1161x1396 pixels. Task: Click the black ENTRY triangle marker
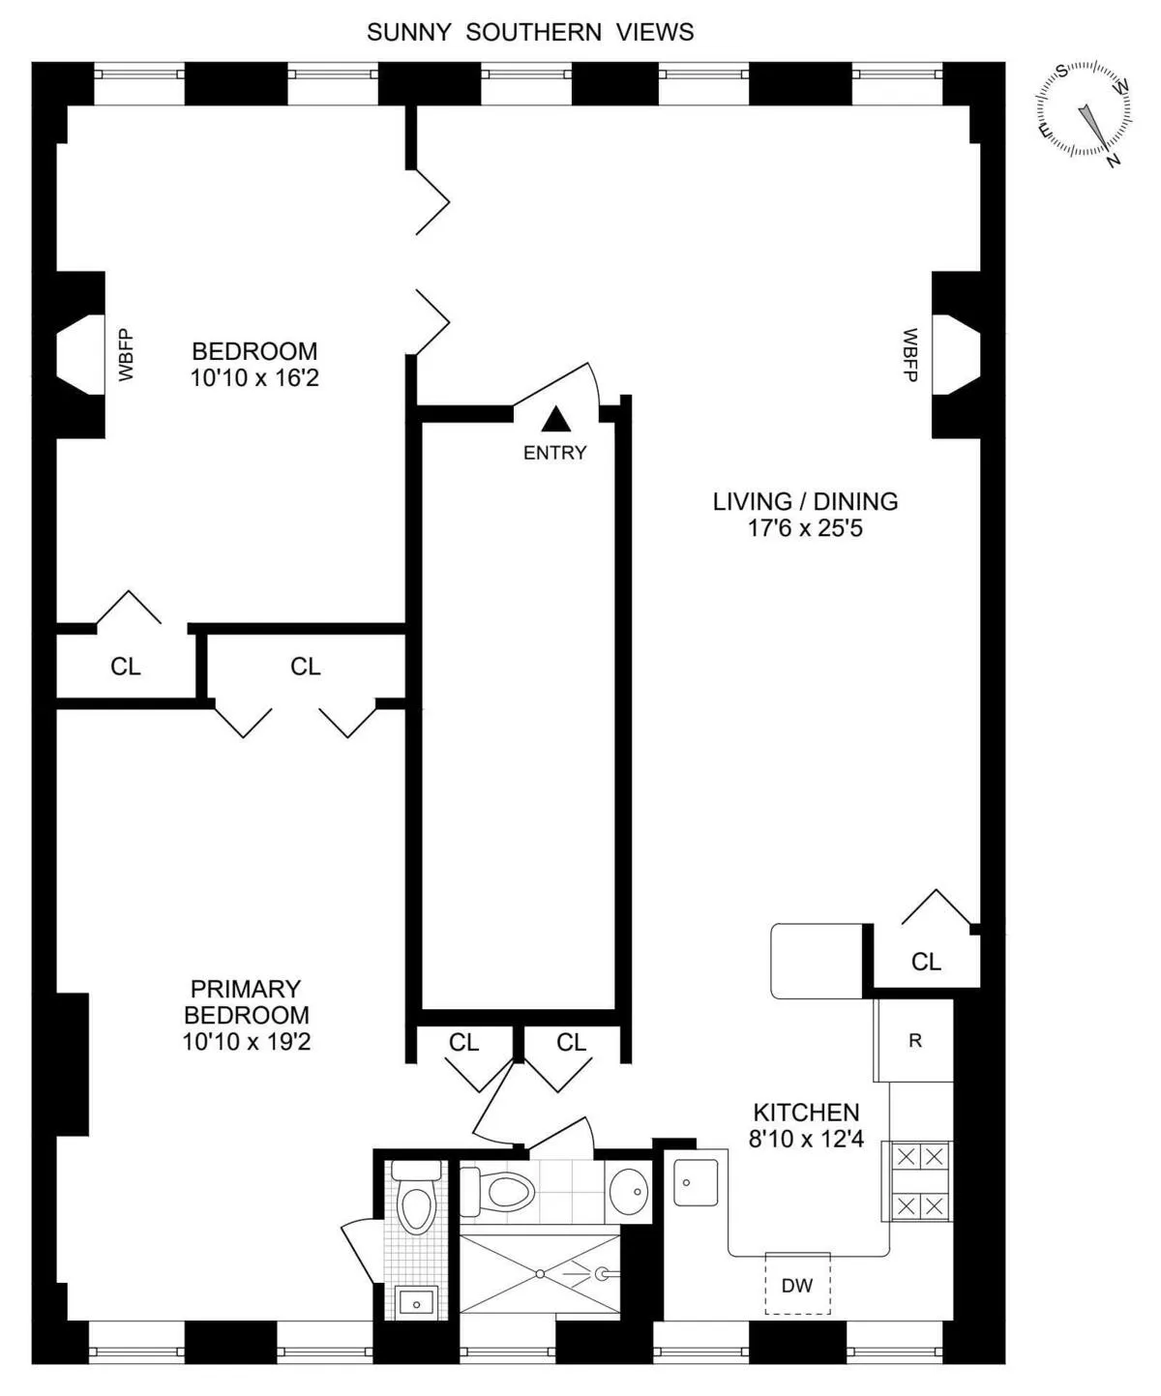click(x=555, y=419)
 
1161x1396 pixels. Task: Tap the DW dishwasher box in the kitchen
click(x=797, y=1284)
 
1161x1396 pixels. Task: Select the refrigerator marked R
click(x=914, y=1041)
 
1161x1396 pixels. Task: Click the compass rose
click(x=1084, y=109)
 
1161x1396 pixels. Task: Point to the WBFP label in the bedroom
click(x=125, y=355)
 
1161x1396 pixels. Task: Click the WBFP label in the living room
click(x=910, y=355)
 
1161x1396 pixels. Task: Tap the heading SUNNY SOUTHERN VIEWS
click(x=530, y=32)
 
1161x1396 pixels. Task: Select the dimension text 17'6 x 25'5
click(x=805, y=528)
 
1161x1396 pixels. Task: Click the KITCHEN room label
click(x=806, y=1113)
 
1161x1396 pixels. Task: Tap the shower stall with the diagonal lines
click(x=539, y=1273)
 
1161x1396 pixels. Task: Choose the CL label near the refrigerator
click(x=926, y=961)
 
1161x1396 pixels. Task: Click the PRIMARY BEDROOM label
click(x=246, y=1001)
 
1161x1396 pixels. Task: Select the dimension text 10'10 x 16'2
click(x=253, y=377)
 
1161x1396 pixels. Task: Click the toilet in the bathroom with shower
click(x=504, y=1190)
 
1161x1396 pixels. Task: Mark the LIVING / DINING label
click(x=805, y=501)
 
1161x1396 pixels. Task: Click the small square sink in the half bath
click(x=417, y=1302)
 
